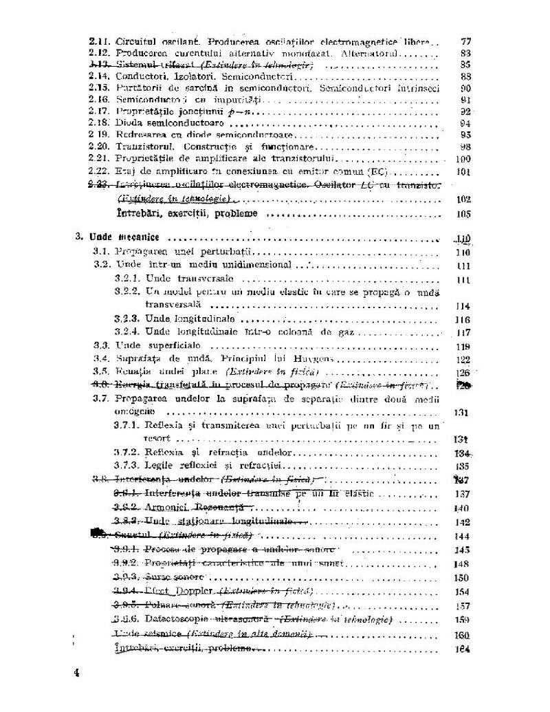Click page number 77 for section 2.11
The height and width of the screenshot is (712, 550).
coord(465,41)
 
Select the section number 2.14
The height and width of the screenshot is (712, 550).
coord(100,76)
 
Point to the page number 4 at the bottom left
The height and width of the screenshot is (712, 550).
coord(76,672)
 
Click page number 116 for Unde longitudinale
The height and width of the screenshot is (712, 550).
coord(463,320)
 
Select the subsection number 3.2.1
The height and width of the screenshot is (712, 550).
coord(127,279)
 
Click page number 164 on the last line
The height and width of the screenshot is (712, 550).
coord(463,650)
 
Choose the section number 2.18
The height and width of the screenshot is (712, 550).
coord(100,123)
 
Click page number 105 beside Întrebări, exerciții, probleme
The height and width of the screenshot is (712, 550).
coord(463,215)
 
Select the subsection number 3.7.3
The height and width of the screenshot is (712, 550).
coord(127,466)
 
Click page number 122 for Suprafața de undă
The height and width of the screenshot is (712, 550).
coord(463,360)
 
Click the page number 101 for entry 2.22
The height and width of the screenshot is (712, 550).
coord(463,171)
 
